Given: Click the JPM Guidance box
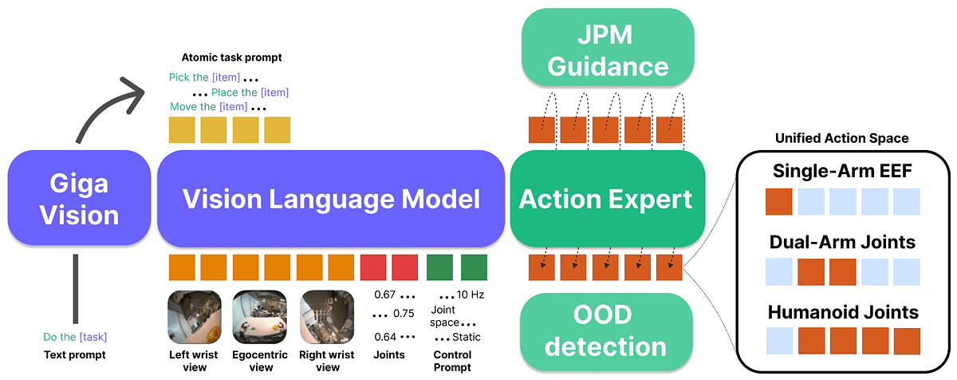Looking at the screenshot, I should pyautogui.click(x=606, y=49).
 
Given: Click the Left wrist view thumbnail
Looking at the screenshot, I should pyautogui.click(x=188, y=316).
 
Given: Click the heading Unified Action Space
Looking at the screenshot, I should pyautogui.click(x=841, y=138).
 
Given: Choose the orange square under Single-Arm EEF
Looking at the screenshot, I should pyautogui.click(x=778, y=201).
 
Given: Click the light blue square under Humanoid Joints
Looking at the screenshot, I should pyautogui.click(x=778, y=341).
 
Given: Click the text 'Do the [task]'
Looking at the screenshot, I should pyautogui.click(x=75, y=337).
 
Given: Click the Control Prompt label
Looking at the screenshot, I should pyautogui.click(x=452, y=361).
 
